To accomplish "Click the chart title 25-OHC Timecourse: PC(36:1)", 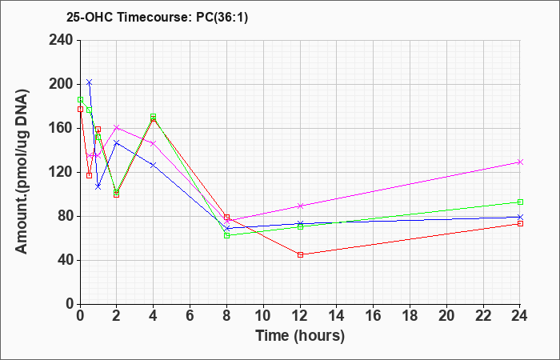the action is tap(157, 18).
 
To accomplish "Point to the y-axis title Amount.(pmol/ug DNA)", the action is tap(22, 171).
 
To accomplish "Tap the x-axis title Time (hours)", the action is tap(300, 336).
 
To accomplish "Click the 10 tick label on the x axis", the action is tap(263, 316).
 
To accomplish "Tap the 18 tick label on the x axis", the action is tap(410, 316).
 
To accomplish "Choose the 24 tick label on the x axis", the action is tap(520, 316).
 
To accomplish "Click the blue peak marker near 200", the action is tap(90, 82).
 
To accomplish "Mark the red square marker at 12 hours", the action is tap(300, 254).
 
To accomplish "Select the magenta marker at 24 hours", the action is tap(520, 162).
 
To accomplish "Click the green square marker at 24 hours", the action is tap(520, 202).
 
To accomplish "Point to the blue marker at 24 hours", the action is tap(520, 217).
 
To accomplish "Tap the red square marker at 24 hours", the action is tap(520, 223).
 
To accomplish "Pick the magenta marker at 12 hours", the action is tap(300, 206).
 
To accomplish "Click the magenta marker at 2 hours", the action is tap(117, 127).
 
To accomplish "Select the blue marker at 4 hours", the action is tap(154, 166).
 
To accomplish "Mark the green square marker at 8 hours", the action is tap(226, 236).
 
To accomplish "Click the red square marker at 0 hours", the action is tap(80, 110).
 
